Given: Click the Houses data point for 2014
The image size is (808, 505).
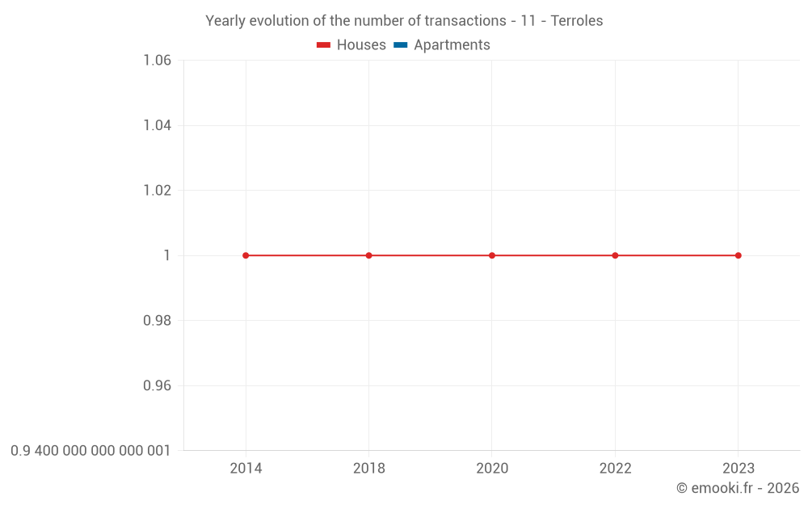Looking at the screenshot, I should (246, 255).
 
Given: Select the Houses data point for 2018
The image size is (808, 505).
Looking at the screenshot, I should (369, 255).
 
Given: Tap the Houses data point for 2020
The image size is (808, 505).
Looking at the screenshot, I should (492, 255).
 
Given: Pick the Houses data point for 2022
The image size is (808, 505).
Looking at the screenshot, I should (615, 255).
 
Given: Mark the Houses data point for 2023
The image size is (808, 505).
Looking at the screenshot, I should (738, 255).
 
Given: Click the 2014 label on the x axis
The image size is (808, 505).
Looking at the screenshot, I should (246, 469).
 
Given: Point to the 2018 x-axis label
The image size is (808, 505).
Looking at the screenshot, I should (369, 469).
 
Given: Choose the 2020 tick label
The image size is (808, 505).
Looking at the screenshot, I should (492, 469).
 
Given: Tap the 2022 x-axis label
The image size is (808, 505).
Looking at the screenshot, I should (615, 469).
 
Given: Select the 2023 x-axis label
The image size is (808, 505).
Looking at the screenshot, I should (738, 469).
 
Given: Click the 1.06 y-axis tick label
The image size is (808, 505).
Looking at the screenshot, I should (157, 61).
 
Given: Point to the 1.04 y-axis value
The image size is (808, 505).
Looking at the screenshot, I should (157, 125).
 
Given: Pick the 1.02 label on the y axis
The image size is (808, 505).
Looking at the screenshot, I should (157, 191).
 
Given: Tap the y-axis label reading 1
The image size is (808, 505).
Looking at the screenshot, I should (167, 255).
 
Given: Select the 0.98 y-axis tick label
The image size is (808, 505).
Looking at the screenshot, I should (157, 321).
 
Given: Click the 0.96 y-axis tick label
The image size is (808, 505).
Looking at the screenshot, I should (157, 385).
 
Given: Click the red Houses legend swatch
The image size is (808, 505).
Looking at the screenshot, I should (323, 45).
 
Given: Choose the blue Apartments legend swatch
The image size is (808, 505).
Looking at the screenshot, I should (400, 45).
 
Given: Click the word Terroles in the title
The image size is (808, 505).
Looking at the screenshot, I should (577, 21).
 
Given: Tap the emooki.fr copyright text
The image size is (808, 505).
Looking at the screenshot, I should (738, 488).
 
